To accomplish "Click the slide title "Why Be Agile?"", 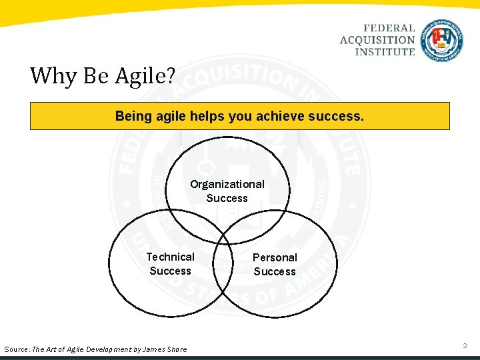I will click(x=102, y=76).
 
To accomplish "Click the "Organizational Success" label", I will click(x=227, y=191).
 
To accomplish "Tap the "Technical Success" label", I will click(x=170, y=264).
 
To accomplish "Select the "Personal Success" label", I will click(x=275, y=265).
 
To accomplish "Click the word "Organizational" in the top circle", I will click(x=227, y=184).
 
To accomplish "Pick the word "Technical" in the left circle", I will click(x=170, y=257).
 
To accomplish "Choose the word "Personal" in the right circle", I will click(x=275, y=257).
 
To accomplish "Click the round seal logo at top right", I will click(x=442, y=41).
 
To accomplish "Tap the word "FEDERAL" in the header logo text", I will click(x=389, y=29).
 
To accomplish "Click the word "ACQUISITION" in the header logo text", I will click(x=377, y=40).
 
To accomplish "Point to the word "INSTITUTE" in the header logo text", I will click(x=385, y=51).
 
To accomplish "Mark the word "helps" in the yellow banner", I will click(x=207, y=116).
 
